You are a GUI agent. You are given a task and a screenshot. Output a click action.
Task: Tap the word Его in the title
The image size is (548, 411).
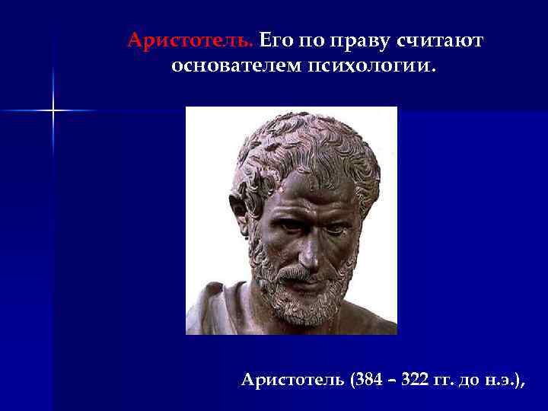(x=276, y=40)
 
